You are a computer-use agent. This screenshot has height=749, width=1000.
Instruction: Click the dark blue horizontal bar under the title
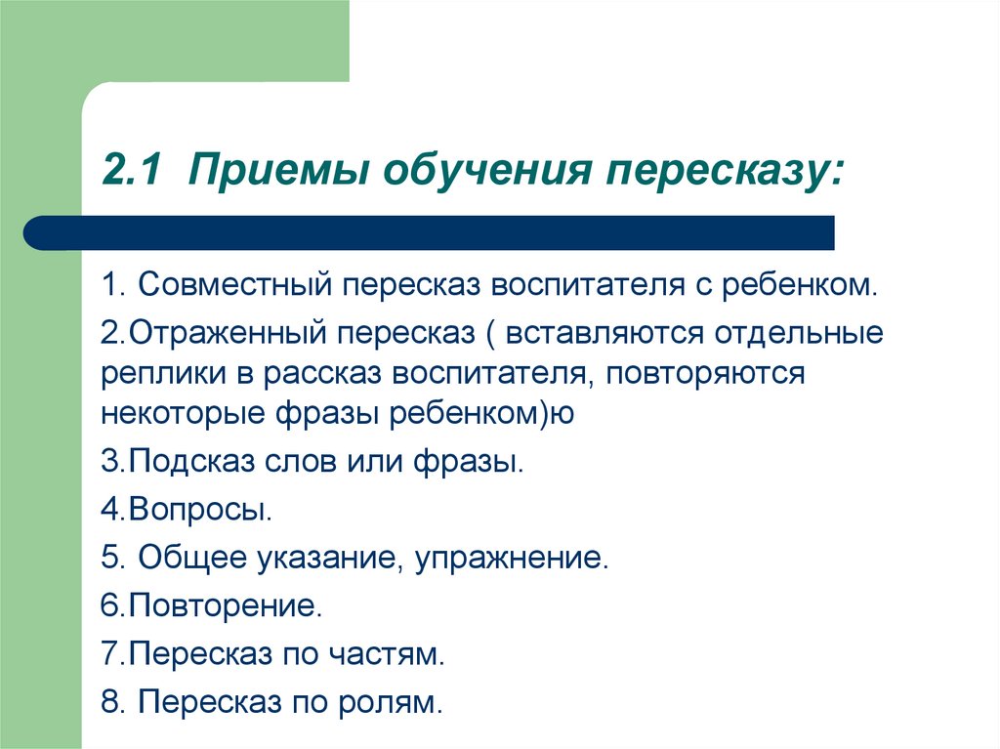[x=429, y=232]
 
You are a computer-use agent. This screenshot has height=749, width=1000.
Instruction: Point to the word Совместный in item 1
[x=234, y=284]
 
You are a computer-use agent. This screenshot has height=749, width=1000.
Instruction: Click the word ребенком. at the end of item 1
[x=800, y=284]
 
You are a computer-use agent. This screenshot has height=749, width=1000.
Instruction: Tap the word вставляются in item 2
[x=604, y=334]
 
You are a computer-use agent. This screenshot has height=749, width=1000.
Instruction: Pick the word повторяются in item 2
[x=705, y=374]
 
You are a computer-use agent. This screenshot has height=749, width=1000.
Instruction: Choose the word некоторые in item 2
[x=183, y=413]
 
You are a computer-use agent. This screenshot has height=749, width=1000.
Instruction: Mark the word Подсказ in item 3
[x=191, y=462]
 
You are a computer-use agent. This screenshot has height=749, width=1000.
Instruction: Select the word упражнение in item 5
[x=508, y=559]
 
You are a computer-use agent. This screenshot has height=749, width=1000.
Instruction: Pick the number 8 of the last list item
[x=111, y=701]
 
